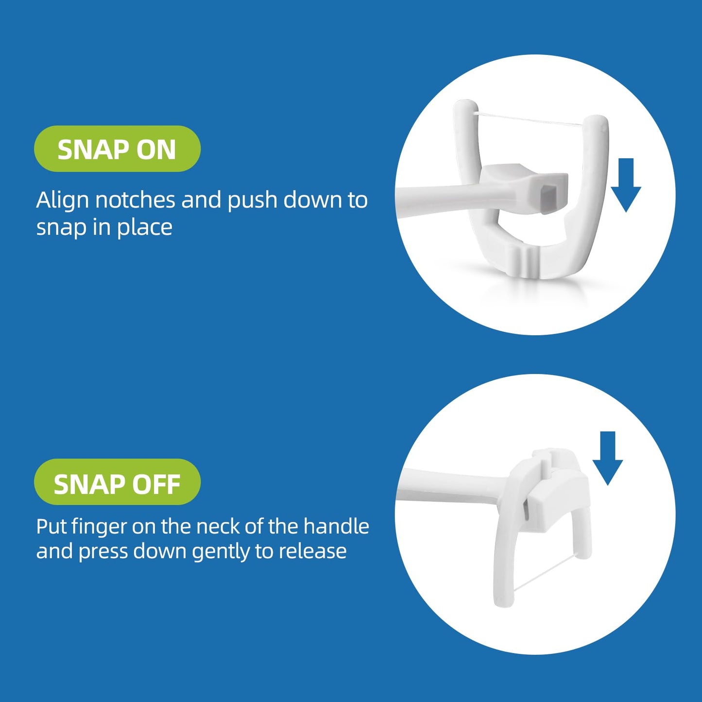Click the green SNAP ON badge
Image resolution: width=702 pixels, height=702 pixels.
pyautogui.click(x=117, y=149)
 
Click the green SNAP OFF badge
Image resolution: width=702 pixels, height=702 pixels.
pyautogui.click(x=117, y=481)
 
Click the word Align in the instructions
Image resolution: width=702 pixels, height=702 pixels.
pyautogui.click(x=62, y=200)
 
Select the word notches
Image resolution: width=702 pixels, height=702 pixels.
pyautogui.click(x=135, y=200)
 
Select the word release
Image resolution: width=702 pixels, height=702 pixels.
pyautogui.click(x=312, y=551)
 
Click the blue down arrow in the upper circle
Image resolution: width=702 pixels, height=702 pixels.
pyautogui.click(x=626, y=185)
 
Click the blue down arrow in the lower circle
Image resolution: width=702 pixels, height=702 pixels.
pyautogui.click(x=607, y=458)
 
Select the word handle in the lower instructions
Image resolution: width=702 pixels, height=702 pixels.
pyautogui.click(x=336, y=526)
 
